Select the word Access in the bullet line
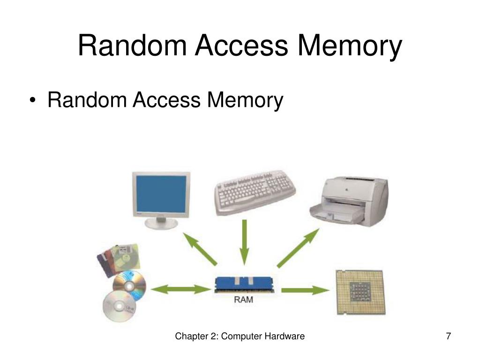click(165, 100)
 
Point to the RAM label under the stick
click(243, 300)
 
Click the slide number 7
click(449, 337)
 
